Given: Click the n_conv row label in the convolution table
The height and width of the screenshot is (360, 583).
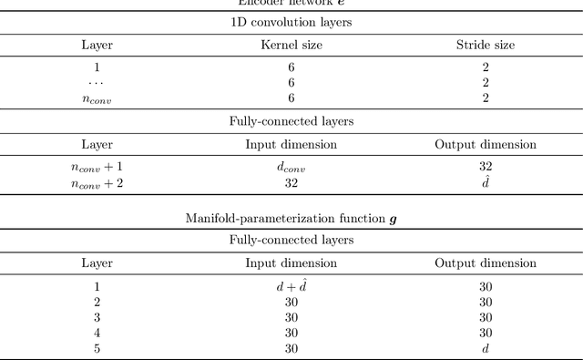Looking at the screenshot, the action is pyautogui.click(x=97, y=98).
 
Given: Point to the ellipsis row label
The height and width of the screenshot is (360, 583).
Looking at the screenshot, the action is pyautogui.click(x=97, y=82).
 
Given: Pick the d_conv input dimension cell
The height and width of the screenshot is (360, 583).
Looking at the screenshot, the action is pyautogui.click(x=291, y=168).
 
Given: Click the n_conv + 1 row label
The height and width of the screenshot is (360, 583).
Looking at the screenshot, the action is pyautogui.click(x=97, y=168).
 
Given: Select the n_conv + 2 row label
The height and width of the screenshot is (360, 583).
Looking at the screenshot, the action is pyautogui.click(x=97, y=183).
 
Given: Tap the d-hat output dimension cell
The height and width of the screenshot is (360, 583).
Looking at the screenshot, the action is pyautogui.click(x=485, y=182).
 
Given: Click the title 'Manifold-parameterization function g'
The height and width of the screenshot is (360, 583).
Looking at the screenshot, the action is pyautogui.click(x=291, y=219).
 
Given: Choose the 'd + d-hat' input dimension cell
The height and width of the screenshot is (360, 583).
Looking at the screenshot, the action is pyautogui.click(x=291, y=287).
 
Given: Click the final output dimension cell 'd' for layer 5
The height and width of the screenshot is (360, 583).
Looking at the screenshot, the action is pyautogui.click(x=485, y=349).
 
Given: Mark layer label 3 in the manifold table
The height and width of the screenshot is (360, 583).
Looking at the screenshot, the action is pyautogui.click(x=97, y=318).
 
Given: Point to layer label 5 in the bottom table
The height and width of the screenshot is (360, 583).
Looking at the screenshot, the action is pyautogui.click(x=97, y=349).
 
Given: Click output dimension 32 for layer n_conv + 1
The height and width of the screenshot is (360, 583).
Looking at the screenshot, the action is pyautogui.click(x=485, y=168).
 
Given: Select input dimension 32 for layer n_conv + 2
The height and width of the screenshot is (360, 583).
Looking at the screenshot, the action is pyautogui.click(x=291, y=183).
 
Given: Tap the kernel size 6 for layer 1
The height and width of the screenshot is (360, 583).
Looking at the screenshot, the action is pyautogui.click(x=291, y=67).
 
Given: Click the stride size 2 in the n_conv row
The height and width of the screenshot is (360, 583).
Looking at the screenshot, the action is pyautogui.click(x=485, y=98).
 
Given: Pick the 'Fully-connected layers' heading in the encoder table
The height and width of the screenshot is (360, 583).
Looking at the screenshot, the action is pyautogui.click(x=291, y=119).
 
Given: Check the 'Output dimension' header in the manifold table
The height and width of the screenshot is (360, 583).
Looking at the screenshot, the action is pyautogui.click(x=485, y=263).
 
